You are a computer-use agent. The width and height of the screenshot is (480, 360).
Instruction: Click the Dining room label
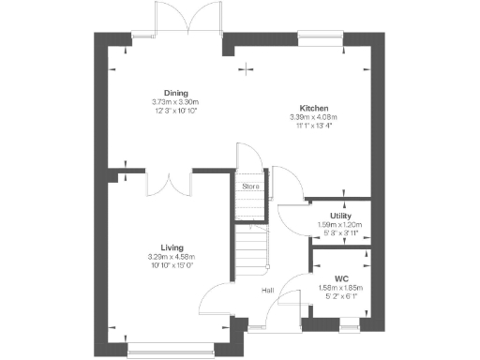point(175,93)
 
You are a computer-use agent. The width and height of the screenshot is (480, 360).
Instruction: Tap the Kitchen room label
point(313,108)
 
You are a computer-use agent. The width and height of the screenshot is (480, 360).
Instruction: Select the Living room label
point(171,247)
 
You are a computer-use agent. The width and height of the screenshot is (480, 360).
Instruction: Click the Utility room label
point(340,217)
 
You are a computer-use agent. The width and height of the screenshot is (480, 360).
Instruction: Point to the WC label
point(340,277)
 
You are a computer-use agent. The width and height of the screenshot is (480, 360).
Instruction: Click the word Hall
point(267,291)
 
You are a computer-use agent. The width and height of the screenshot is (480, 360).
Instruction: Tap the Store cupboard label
point(249,187)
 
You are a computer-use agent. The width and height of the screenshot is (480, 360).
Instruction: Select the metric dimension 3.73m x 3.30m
point(175,102)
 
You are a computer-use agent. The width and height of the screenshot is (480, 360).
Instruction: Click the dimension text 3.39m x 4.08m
point(313,116)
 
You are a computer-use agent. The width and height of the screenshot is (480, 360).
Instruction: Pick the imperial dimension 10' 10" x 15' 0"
point(171,264)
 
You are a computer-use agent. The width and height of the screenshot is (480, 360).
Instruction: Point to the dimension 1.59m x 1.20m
point(340,225)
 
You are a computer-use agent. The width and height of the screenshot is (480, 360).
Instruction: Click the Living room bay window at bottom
point(171,352)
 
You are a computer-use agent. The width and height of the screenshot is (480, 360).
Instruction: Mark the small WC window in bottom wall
point(349,325)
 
